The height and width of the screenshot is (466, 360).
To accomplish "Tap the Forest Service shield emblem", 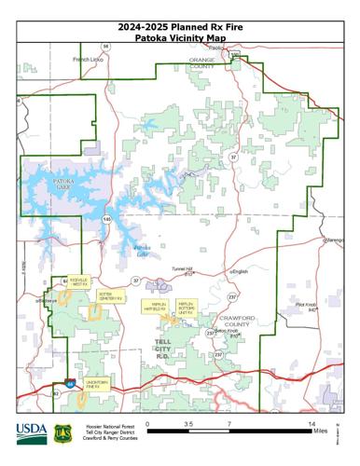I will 62,434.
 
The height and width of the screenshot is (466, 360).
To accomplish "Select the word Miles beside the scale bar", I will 319,432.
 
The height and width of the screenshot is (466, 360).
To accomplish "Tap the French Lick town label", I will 90,59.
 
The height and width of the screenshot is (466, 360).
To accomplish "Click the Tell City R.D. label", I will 162,349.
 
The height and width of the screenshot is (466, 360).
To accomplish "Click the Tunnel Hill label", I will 181,269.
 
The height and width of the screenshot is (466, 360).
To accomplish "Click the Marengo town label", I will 335,240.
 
